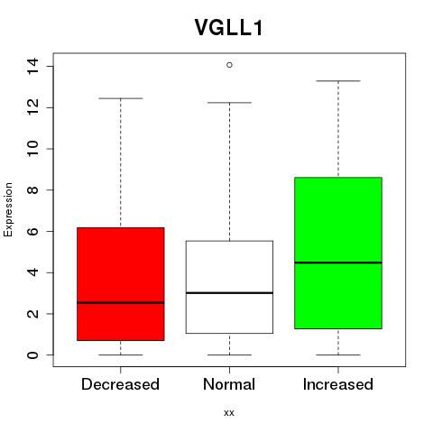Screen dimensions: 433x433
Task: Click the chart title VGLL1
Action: click(x=229, y=28)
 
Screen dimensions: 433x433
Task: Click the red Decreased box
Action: click(x=121, y=284)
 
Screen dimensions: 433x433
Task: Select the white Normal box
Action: click(x=229, y=287)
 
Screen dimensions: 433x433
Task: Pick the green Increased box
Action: click(x=338, y=253)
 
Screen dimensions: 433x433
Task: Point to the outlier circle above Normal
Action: click(x=229, y=65)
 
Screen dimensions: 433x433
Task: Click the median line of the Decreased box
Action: click(x=121, y=302)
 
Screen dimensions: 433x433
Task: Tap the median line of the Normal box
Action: click(x=229, y=292)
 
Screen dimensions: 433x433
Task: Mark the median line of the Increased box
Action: click(x=338, y=263)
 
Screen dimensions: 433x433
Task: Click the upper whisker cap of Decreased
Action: click(x=121, y=98)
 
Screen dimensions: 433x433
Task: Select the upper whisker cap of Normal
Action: click(x=229, y=103)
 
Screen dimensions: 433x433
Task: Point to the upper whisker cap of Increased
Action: click(x=338, y=81)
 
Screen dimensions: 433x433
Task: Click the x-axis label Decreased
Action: click(x=120, y=384)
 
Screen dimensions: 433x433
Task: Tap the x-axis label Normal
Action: click(x=229, y=384)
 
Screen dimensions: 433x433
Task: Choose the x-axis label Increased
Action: click(x=338, y=384)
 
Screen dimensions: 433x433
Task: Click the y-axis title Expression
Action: click(x=8, y=209)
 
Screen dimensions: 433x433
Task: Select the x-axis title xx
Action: click(x=229, y=413)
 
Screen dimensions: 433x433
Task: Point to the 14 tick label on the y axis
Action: click(x=32, y=66)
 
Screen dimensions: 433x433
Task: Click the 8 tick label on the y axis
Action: click(x=32, y=190)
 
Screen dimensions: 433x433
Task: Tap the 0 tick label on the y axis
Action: click(x=32, y=355)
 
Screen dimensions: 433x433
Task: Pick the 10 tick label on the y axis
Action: click(x=32, y=149)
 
